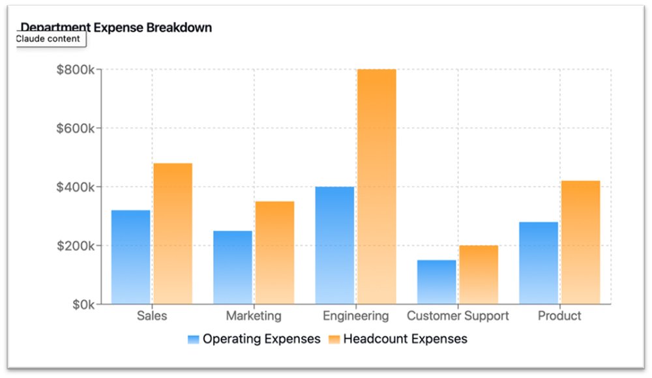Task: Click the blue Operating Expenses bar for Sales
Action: (x=130, y=257)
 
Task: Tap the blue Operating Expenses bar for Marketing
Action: (x=232, y=267)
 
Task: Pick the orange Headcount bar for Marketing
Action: (x=274, y=253)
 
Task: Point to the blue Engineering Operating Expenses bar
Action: (x=334, y=245)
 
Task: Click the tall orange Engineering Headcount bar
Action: (x=376, y=186)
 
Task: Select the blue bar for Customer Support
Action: (x=436, y=282)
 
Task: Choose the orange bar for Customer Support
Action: (x=478, y=274)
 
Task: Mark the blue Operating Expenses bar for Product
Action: (x=539, y=263)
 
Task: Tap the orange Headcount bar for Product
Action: (x=580, y=242)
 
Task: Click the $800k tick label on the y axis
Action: (x=77, y=70)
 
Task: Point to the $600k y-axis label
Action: (x=77, y=128)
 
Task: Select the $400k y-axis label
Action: (x=77, y=187)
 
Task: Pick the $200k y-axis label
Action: (x=77, y=246)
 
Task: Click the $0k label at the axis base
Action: (x=83, y=304)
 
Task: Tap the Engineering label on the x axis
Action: (x=355, y=316)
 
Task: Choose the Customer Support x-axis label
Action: (x=458, y=316)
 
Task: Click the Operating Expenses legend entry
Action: (x=254, y=339)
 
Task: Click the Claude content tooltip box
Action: (x=48, y=39)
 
